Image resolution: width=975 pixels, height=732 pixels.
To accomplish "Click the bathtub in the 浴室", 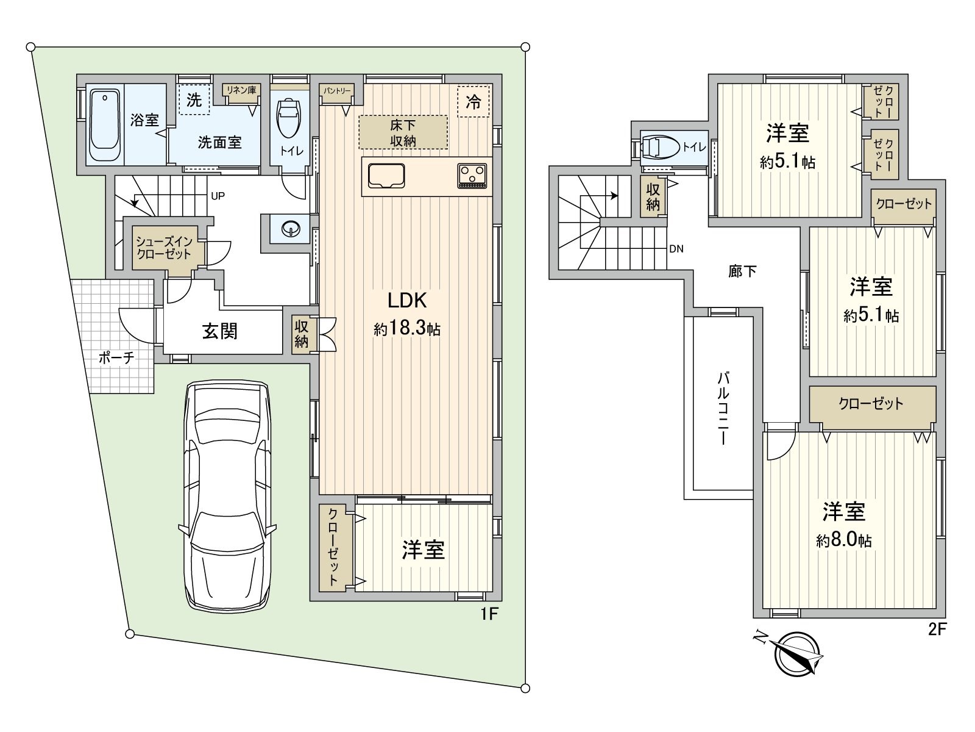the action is (105, 125).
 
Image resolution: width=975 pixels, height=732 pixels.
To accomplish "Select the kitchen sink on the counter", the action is (386, 176).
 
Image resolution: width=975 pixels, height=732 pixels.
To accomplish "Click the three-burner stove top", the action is (472, 176).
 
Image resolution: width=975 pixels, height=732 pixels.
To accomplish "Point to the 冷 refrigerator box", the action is (473, 102).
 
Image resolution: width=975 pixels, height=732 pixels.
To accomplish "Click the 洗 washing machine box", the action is (194, 100).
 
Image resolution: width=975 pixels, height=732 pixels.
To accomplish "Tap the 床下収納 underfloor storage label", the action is (403, 133).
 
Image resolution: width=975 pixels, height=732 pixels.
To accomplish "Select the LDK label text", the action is (407, 301).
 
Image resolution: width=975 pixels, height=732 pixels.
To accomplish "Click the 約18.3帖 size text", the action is (407, 329).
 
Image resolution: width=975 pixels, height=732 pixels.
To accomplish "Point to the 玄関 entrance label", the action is (220, 331).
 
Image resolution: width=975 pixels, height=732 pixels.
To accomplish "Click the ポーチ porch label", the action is (116, 357).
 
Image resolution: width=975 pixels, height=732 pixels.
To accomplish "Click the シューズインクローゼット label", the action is (164, 248).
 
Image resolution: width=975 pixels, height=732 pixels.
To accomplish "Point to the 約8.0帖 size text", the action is (843, 540).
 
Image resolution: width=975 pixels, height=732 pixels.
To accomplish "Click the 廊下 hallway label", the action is (742, 271).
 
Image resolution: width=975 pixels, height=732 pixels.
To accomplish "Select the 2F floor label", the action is (938, 630).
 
